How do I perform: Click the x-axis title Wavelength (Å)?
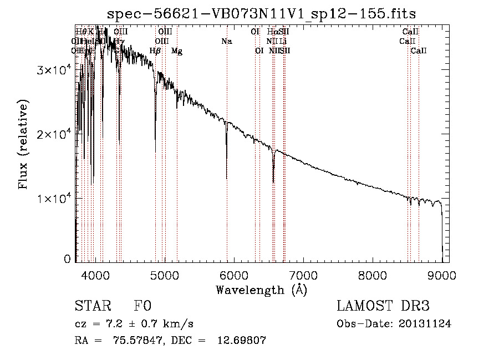click(261, 290)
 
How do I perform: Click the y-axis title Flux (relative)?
click(24, 145)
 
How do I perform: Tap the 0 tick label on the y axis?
click(67, 259)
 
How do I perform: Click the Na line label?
click(226, 42)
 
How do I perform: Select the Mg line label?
click(177, 51)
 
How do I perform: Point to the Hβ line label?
click(155, 51)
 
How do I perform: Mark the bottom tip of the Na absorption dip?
click(227, 179)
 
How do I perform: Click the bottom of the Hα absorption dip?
click(273, 181)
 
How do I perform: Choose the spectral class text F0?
click(142, 306)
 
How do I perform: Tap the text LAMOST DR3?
click(383, 306)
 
